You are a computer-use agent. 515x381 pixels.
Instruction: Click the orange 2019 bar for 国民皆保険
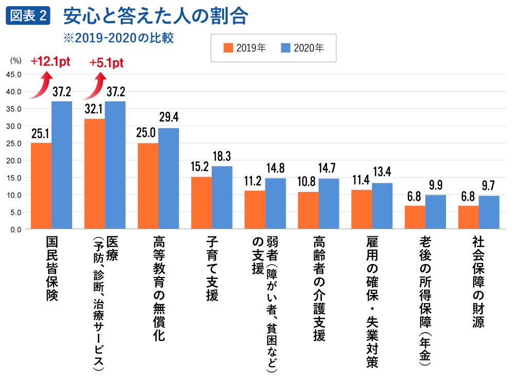[41, 186]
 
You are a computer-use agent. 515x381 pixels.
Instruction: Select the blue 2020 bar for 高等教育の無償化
[168, 178]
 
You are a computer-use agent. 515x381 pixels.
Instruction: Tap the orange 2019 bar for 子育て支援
[201, 203]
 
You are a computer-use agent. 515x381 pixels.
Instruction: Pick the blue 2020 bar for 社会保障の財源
[489, 212]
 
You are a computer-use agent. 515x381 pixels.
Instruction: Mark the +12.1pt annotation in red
[50, 62]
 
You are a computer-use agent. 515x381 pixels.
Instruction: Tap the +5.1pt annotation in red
[106, 63]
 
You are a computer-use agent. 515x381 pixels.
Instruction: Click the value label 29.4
[169, 118]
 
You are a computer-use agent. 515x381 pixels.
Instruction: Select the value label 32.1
[94, 109]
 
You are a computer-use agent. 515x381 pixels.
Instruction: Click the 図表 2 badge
[28, 16]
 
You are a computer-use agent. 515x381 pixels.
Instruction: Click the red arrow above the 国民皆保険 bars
[41, 85]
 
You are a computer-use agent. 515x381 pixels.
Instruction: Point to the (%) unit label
[15, 60]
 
